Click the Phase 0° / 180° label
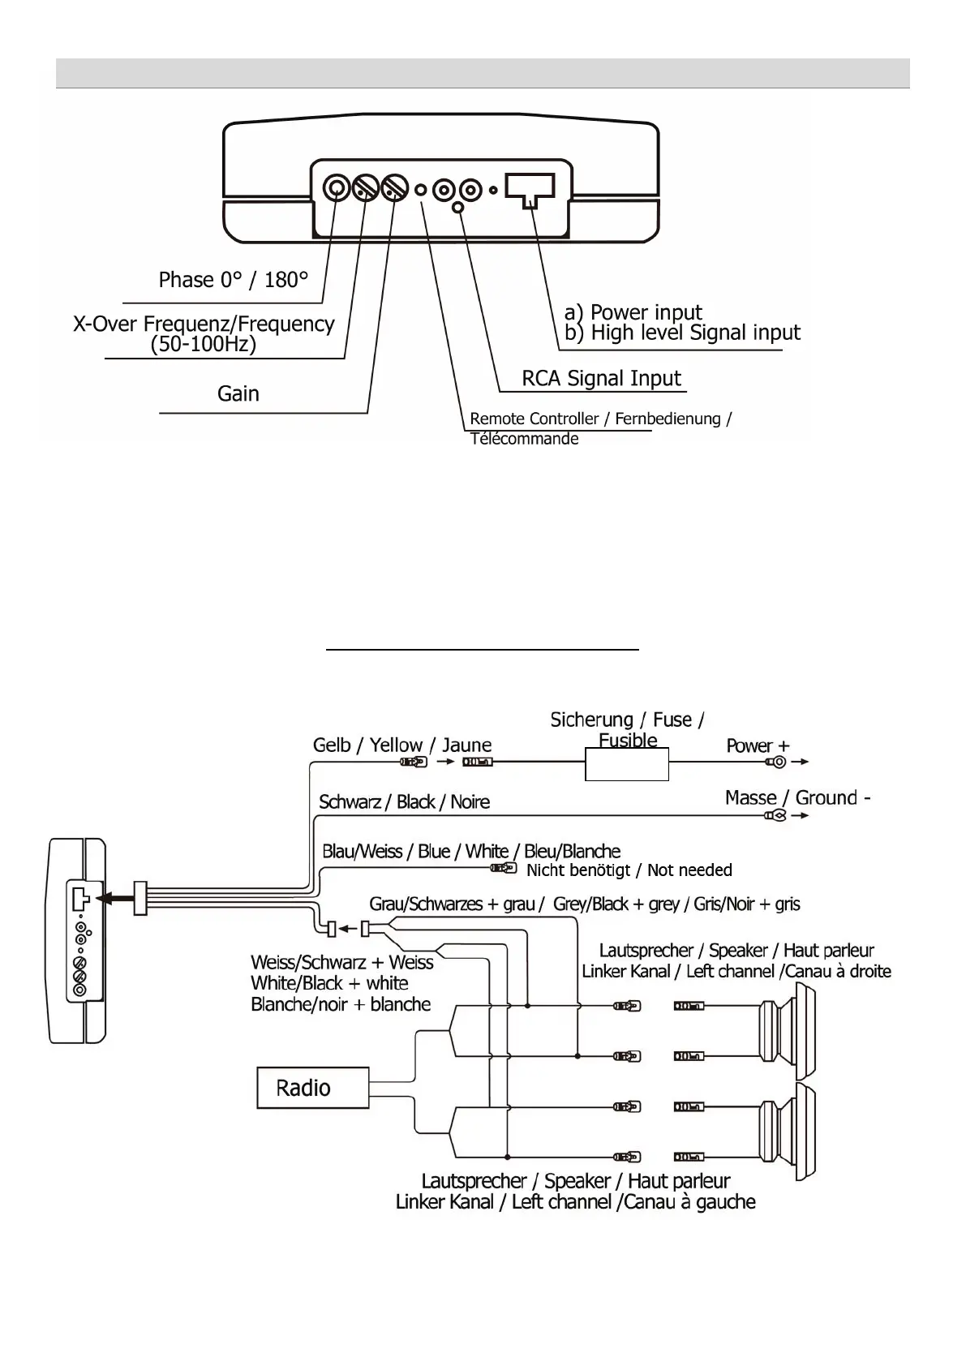234,280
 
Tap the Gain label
238,394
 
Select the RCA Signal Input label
601,379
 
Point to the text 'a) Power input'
633,312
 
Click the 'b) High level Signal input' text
682,333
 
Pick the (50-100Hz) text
204,344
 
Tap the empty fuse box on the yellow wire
627,764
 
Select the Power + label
758,745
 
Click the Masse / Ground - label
798,797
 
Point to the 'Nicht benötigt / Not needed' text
629,870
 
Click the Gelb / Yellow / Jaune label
402,745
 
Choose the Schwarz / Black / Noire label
404,802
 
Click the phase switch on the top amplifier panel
334,188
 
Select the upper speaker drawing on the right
788,1030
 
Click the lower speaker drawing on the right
788,1131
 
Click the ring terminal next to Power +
775,762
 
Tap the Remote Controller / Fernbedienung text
600,419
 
